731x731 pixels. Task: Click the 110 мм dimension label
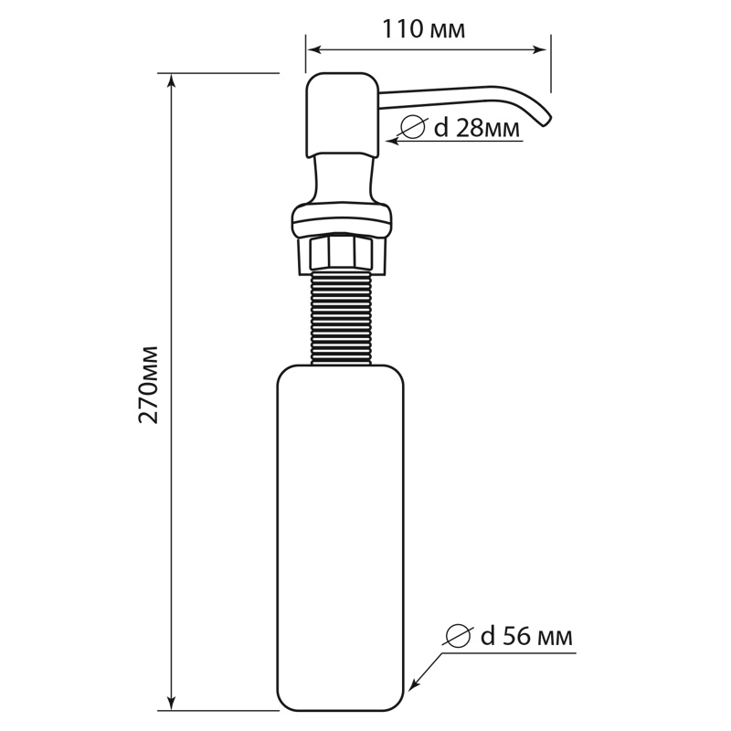[423, 30]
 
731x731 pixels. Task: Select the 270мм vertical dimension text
[149, 385]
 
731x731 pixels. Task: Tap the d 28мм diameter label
[476, 128]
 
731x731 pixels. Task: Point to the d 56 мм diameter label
[527, 636]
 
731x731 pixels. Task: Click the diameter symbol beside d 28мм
[413, 127]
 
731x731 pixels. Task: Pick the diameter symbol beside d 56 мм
[458, 636]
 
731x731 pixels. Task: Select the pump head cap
[344, 116]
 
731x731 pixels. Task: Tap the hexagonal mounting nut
[342, 254]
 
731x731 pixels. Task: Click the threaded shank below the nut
[341, 318]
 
